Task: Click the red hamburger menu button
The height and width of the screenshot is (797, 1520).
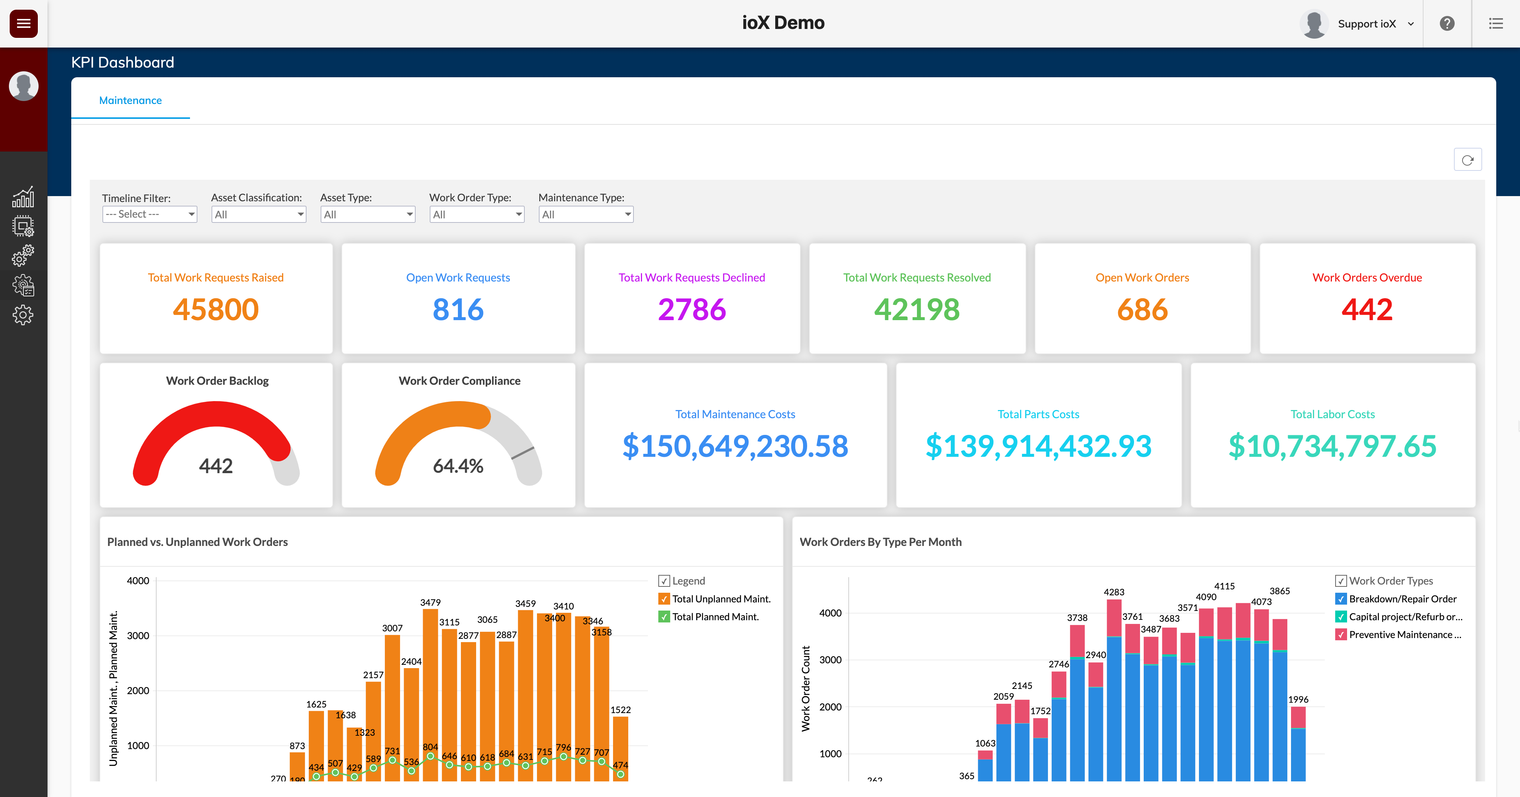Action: [x=24, y=24]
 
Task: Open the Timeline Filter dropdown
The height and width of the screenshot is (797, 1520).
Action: [x=149, y=214]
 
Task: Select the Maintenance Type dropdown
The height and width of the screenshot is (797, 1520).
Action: [x=585, y=214]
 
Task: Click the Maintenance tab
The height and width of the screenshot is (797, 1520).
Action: [x=130, y=100]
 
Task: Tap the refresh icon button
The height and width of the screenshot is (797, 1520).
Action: [x=1467, y=160]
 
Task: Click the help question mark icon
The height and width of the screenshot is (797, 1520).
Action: [x=1447, y=24]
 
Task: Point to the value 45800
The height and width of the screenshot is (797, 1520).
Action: [x=216, y=309]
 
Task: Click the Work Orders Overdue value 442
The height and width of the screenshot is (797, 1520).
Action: [x=1367, y=309]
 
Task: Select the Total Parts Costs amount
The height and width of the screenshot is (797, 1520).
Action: [x=1038, y=446]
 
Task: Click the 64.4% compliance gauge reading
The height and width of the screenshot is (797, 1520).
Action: [x=458, y=466]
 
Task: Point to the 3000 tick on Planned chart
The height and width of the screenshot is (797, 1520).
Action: [x=138, y=636]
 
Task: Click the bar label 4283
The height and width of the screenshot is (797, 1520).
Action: [x=1113, y=592]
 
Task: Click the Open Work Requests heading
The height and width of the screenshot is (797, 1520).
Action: [x=458, y=277]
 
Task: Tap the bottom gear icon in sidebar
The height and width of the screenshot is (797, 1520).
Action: [x=23, y=315]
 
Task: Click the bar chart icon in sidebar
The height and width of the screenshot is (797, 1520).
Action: [x=23, y=197]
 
